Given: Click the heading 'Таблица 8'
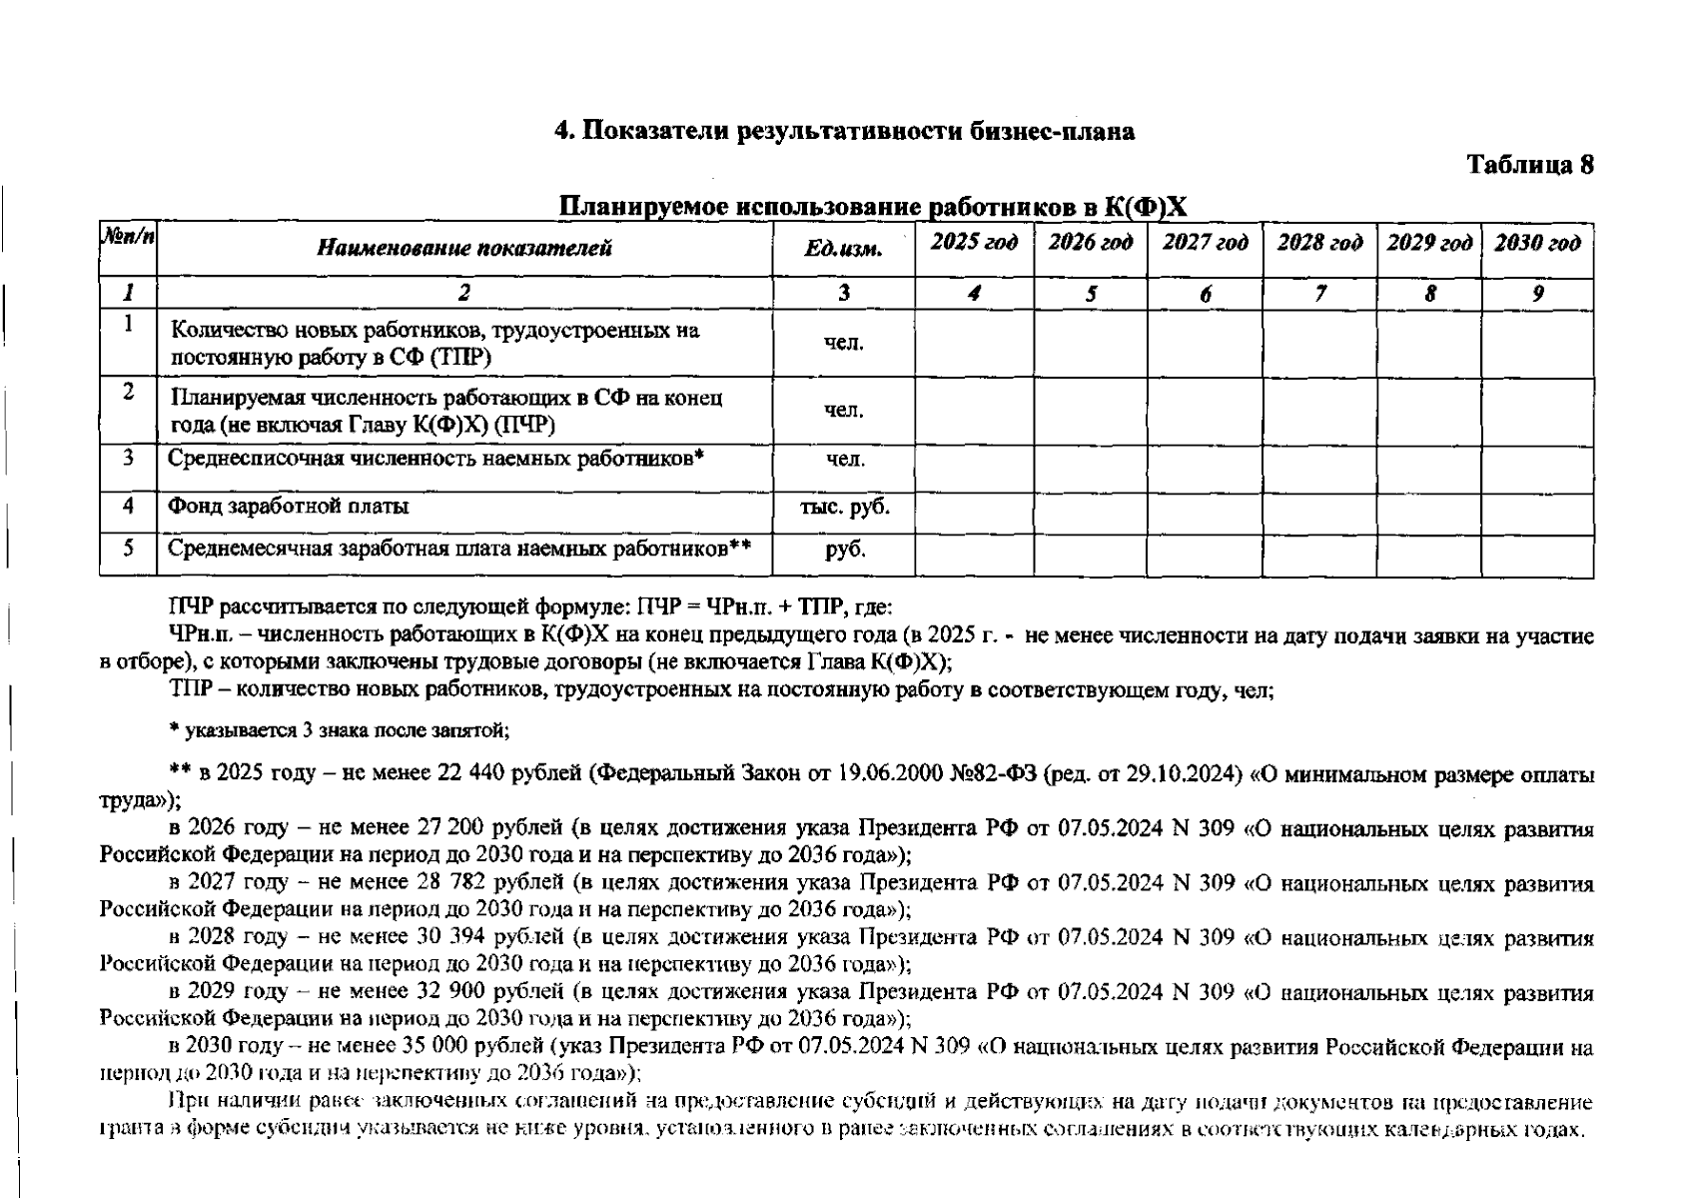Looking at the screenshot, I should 1529,165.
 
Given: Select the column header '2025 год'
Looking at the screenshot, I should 974,243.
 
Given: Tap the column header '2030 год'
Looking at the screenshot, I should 1537,243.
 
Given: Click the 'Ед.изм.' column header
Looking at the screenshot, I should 843,249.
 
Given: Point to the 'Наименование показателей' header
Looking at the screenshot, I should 464,249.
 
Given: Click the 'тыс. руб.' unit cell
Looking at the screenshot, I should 844,507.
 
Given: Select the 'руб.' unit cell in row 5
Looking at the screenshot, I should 845,549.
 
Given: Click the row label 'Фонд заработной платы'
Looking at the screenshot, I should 289,507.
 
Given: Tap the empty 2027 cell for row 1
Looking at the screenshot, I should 1204,343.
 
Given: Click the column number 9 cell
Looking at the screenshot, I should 1537,294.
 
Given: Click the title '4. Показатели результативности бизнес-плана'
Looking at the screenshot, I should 844,131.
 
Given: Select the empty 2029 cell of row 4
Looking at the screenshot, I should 1428,513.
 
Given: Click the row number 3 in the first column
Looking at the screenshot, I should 128,458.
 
